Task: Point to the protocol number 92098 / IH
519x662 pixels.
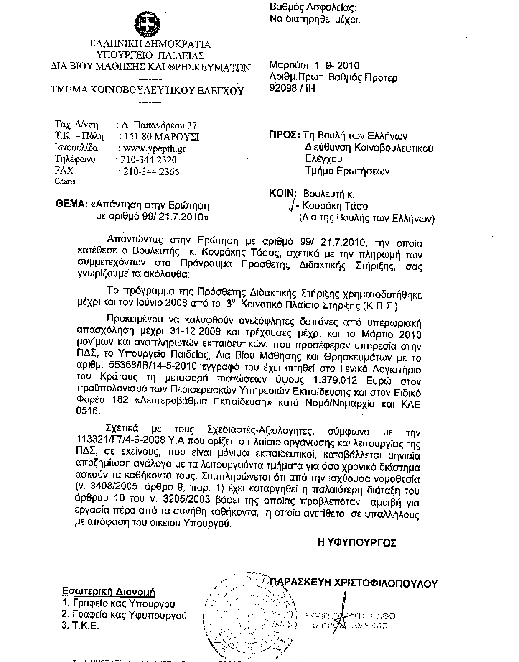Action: [x=293, y=88]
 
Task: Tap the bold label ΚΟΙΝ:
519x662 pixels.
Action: [x=283, y=193]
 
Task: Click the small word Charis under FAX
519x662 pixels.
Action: [x=65, y=181]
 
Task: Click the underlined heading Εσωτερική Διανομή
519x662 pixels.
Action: [x=109, y=592]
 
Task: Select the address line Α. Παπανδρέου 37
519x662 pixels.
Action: [x=158, y=125]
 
